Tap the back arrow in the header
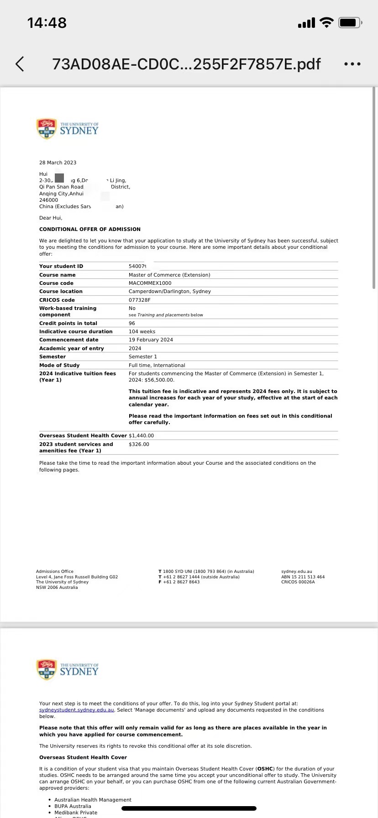(x=20, y=64)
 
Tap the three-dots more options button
(x=352, y=64)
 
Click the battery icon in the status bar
(x=350, y=22)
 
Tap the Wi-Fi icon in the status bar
(x=326, y=22)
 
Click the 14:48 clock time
(x=47, y=23)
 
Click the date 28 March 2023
(x=58, y=163)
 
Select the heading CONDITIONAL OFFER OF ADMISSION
(x=90, y=229)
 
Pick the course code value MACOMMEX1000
(x=150, y=283)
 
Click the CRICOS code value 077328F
(x=140, y=300)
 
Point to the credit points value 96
(x=132, y=323)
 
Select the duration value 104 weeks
(x=142, y=331)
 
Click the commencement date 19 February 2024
(x=151, y=340)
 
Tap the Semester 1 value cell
(x=143, y=357)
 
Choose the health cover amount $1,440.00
(x=142, y=435)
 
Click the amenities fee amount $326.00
(x=139, y=444)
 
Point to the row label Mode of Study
(x=59, y=365)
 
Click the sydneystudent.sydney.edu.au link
(x=77, y=710)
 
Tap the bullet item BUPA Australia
(x=73, y=806)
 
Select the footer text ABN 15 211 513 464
(x=303, y=577)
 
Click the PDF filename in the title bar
(x=186, y=64)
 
